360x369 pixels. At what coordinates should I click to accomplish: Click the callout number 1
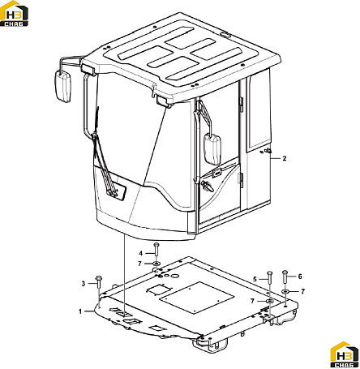coord(80,311)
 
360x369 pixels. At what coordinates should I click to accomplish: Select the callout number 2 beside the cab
coord(285,158)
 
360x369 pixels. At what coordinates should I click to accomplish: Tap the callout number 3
coord(84,284)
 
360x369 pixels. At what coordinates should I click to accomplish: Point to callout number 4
coord(141,253)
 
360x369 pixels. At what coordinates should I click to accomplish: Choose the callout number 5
coord(255,279)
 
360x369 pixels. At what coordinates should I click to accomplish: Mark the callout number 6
coord(300,277)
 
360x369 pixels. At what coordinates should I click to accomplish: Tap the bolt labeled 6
coord(285,277)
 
